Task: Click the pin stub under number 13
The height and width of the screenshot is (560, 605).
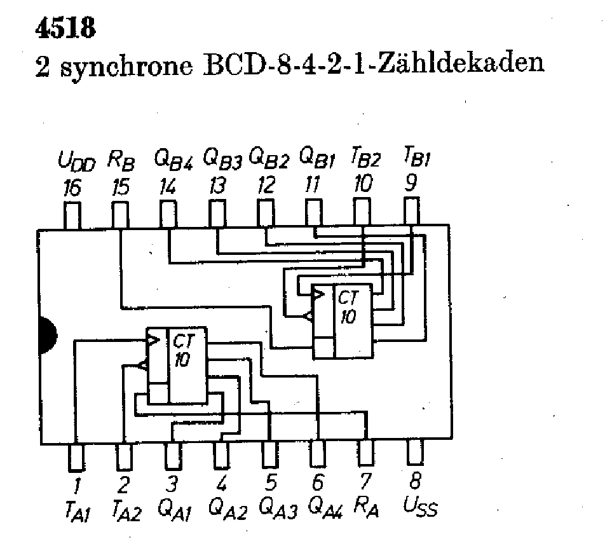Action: (x=217, y=214)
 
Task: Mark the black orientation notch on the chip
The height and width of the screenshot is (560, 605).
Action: (x=48, y=334)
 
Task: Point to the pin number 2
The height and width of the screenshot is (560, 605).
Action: (x=123, y=485)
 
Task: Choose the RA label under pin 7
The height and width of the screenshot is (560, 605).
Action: (x=368, y=507)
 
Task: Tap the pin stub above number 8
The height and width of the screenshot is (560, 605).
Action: (x=415, y=453)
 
